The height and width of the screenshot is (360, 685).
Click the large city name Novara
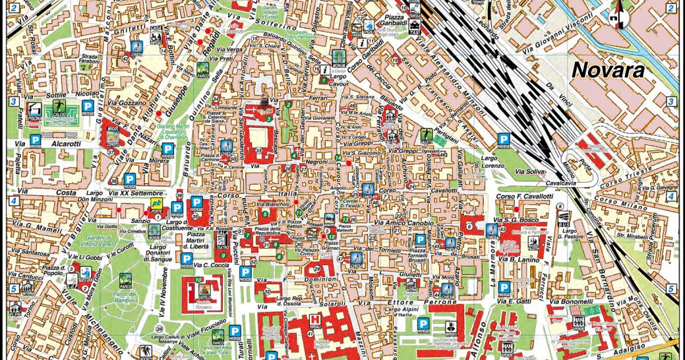click(607, 69)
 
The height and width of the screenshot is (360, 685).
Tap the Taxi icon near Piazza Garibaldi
click(415, 29)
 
